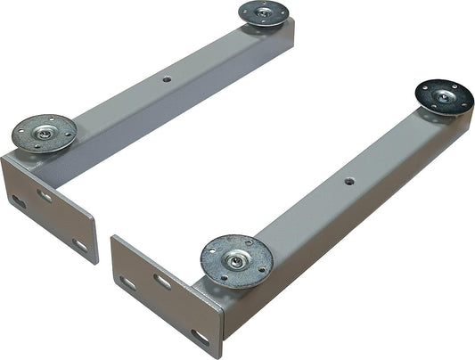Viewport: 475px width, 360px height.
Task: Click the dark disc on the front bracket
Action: coord(444,96)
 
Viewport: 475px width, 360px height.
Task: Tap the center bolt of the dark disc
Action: coord(444,95)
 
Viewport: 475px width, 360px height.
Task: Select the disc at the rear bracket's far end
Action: coord(263,13)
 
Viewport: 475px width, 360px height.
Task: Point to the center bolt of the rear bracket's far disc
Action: coord(263,12)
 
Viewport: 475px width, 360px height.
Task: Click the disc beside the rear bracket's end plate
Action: coord(44,134)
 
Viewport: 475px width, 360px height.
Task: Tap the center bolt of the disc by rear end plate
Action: coord(45,134)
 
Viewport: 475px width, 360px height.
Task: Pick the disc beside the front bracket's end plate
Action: coord(236,261)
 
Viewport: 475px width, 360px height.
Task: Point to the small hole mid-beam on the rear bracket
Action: coord(166,78)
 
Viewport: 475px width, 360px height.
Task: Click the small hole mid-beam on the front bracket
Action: coord(349,181)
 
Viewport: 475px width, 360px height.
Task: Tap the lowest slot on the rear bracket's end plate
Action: coord(80,245)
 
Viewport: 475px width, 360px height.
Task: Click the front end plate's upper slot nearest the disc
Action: coord(162,282)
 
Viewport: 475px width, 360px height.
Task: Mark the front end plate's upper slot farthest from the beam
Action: coord(127,283)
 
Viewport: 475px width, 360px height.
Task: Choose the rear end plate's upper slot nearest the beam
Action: coord(44,194)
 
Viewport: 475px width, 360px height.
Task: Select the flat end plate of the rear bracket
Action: coord(49,209)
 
